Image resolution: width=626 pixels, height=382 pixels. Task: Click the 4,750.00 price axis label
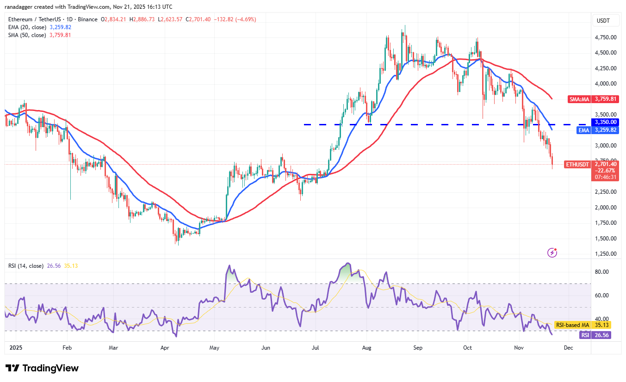(x=606, y=37)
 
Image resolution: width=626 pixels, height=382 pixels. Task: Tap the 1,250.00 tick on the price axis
(x=606, y=254)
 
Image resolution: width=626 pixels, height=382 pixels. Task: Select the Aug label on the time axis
(x=367, y=347)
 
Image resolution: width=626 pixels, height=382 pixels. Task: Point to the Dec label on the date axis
(x=569, y=347)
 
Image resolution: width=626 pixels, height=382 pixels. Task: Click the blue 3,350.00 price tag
(x=606, y=122)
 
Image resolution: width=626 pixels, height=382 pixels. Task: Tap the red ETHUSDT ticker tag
(x=577, y=164)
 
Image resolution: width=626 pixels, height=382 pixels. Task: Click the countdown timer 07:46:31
(x=606, y=177)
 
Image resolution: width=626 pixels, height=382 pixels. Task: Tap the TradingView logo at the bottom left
(x=42, y=368)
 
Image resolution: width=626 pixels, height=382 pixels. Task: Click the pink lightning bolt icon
(x=552, y=253)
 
